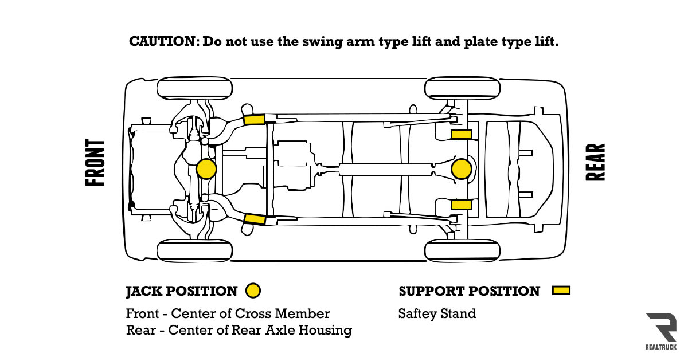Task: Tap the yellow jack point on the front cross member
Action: (x=206, y=169)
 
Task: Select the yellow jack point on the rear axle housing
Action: (x=461, y=169)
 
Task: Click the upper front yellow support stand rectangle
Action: (x=253, y=119)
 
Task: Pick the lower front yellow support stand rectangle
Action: (x=254, y=219)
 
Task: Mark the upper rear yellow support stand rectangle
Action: (x=461, y=134)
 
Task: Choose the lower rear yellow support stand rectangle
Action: (x=461, y=205)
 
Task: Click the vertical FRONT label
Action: (x=96, y=163)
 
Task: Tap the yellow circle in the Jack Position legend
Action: (x=253, y=291)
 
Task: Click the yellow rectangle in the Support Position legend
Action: (x=561, y=291)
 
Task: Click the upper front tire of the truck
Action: (x=195, y=88)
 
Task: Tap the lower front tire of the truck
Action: (x=195, y=251)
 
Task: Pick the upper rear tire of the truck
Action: (x=462, y=88)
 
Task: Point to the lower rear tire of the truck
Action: (x=462, y=251)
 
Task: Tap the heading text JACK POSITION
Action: (x=182, y=291)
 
